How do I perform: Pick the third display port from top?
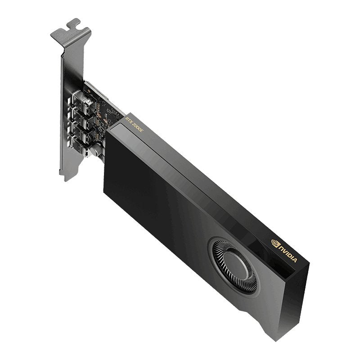click(x=83, y=131)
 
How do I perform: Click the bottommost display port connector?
click(x=84, y=146)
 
